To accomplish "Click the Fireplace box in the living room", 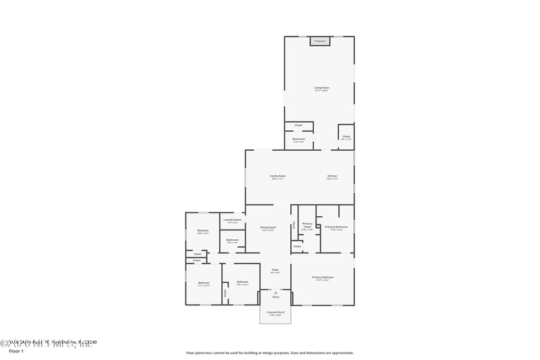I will point(320,41).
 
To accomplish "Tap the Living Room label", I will point(321,88).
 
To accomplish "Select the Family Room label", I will point(278,176).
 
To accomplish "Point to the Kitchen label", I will point(331,176).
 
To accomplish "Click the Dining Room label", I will point(268,228).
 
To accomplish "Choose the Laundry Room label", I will point(232,220).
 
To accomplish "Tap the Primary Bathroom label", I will point(335,227).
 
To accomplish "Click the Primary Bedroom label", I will point(323,278).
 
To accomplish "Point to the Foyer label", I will point(275,270).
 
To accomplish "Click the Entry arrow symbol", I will point(275,292).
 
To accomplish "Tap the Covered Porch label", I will point(275,312).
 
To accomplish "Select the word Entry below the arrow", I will point(275,297).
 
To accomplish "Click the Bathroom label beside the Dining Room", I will point(232,240).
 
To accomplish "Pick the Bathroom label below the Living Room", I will point(298,139).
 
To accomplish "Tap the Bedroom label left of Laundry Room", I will point(203,231).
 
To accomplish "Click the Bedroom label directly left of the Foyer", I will point(242,282).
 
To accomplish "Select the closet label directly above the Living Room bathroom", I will point(298,125).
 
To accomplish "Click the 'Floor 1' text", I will point(16,351).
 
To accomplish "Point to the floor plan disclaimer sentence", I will point(270,353).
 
